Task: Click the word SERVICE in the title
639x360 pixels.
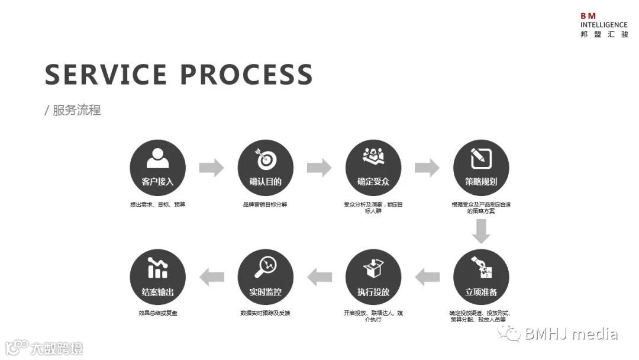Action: coord(106,75)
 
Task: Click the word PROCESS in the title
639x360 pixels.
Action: coord(246,75)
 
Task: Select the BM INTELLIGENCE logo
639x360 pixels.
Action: coord(603,25)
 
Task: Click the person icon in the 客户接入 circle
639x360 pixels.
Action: coord(157,158)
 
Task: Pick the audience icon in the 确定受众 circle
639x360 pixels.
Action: coord(373,156)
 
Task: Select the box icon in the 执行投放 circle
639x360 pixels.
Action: coord(373,268)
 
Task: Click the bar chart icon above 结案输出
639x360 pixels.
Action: coord(157,268)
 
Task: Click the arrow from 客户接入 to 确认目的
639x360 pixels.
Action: coord(211,168)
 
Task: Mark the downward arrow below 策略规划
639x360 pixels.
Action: coord(481,231)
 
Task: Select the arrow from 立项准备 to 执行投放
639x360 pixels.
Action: coord(427,277)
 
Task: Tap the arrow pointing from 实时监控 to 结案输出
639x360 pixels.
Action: coord(211,277)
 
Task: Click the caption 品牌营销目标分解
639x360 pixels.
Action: coord(265,204)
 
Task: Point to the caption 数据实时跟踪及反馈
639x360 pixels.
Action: coord(265,313)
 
